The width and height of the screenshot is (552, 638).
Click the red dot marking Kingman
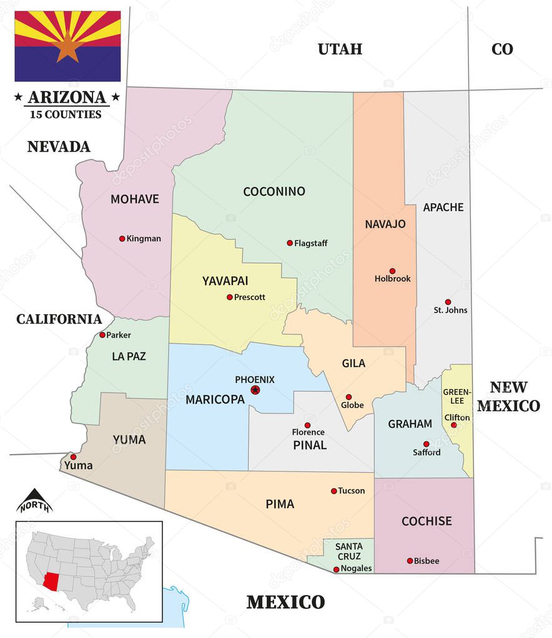point(122,238)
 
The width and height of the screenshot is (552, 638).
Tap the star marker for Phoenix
point(255,390)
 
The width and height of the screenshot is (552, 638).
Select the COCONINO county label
point(274,191)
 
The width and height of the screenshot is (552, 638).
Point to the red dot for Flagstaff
point(290,243)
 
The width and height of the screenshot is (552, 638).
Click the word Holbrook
point(393,279)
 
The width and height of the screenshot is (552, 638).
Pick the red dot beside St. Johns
point(448,302)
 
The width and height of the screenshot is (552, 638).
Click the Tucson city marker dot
point(333,491)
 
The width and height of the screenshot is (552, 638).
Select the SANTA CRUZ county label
point(349,551)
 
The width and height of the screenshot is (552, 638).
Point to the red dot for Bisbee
point(410,561)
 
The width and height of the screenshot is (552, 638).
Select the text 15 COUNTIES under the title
point(65,115)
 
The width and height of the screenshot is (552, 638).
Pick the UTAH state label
point(340,49)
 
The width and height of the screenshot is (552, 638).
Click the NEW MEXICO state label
point(508,397)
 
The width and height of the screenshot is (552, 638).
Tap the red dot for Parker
point(102,335)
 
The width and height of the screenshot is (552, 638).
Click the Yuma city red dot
point(73,457)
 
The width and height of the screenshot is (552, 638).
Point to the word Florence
point(308,432)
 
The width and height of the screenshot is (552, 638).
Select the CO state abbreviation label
point(501,49)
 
